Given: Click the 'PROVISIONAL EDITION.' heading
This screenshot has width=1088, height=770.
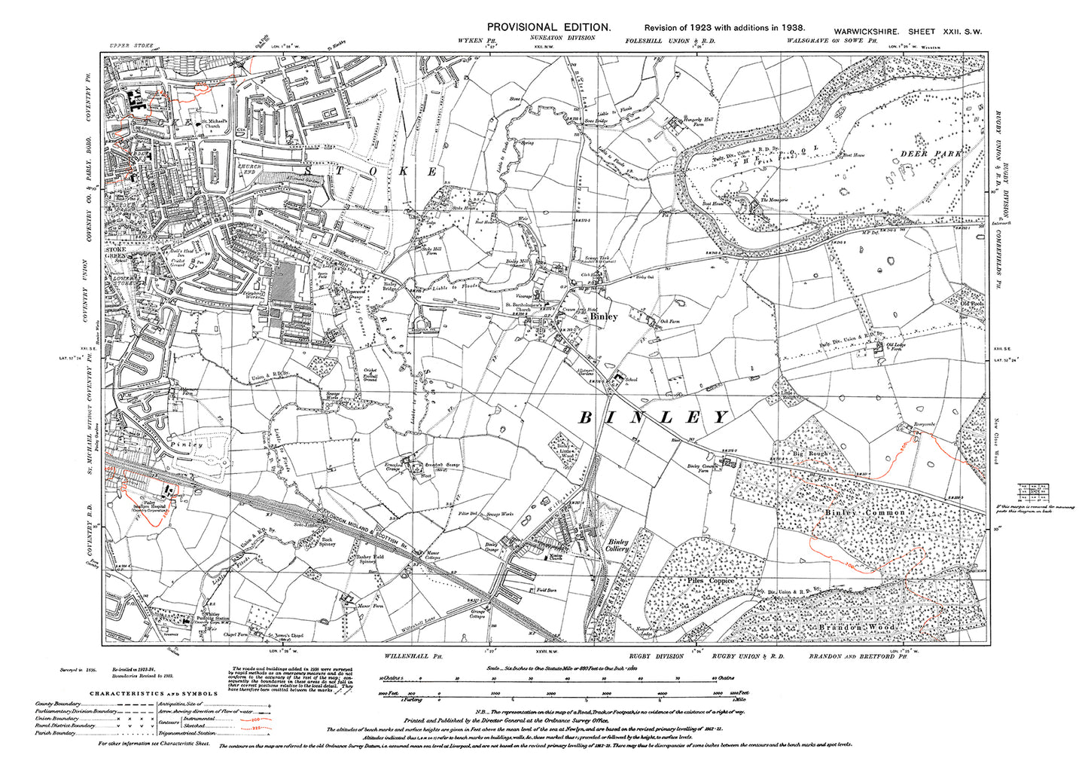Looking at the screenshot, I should point(548,26).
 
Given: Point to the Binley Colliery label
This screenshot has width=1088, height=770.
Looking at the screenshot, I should point(618,545).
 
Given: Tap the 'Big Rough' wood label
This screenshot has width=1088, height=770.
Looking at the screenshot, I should point(809,454).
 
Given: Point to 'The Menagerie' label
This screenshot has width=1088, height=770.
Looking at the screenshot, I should point(775,199).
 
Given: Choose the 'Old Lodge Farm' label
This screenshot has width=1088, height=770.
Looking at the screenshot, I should point(895,347).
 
